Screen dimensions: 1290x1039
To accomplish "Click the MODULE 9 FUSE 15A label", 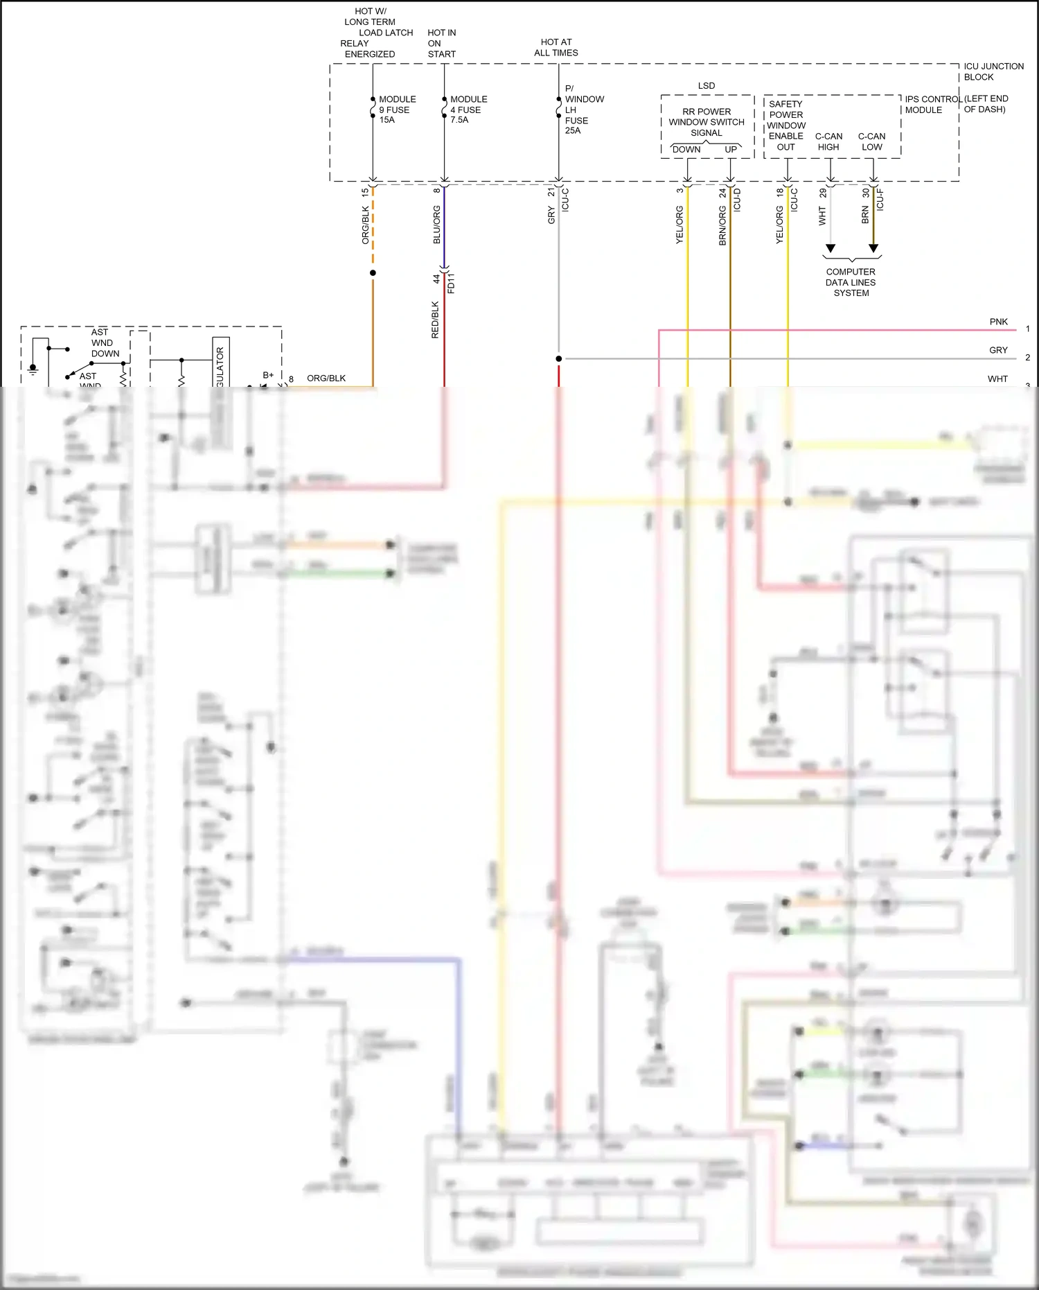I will pos(396,110).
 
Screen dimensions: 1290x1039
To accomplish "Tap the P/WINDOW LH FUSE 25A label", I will pos(583,110).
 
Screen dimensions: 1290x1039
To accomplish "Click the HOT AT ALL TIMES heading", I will pos(556,47).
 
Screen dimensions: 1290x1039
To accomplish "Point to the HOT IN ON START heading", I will pos(441,43).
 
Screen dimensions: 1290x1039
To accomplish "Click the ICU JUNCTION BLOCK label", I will pos(993,71).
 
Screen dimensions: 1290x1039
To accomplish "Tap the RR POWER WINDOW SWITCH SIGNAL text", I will pos(706,122).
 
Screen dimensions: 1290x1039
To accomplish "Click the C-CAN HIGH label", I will pos(828,141).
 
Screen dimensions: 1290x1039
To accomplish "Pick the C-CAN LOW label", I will pos(871,141).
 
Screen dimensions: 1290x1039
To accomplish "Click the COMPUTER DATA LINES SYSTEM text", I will pos(851,282).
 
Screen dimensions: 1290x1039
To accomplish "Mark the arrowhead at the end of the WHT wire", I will pos(831,248).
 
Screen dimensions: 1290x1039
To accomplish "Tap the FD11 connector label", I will pos(451,283).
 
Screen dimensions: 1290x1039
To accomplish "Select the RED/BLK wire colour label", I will pos(435,320).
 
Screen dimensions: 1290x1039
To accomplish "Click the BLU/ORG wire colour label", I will pos(436,225).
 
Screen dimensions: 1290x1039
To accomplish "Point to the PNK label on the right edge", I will pos(998,322).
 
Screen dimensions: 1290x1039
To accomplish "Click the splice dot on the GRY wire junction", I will pos(558,358).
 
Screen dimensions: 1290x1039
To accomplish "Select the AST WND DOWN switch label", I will pos(105,342).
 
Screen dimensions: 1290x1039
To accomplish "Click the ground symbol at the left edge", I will pos(33,369).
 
